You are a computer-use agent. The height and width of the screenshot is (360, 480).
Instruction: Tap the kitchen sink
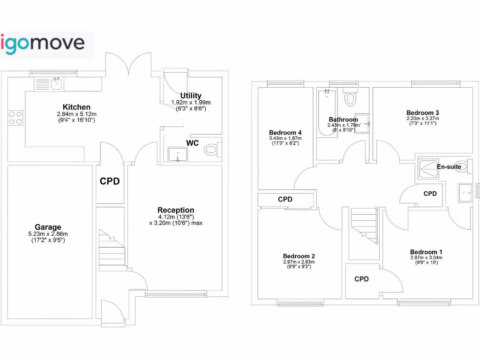click(x=55, y=84)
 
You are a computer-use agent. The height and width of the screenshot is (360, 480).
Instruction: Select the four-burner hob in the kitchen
click(x=15, y=118)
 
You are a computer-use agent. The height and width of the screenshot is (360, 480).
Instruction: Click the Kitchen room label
click(x=76, y=107)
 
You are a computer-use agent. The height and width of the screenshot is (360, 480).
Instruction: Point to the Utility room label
click(x=191, y=96)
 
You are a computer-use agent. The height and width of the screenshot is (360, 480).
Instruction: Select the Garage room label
click(x=48, y=227)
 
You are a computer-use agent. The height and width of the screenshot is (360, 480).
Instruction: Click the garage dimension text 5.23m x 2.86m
click(x=48, y=234)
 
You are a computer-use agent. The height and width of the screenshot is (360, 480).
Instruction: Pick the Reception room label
click(x=176, y=210)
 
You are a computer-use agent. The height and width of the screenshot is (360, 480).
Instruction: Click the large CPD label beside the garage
click(x=110, y=181)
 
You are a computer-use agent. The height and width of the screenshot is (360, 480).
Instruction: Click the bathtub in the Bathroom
click(x=324, y=112)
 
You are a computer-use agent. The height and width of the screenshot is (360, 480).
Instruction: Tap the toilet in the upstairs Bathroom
click(x=350, y=98)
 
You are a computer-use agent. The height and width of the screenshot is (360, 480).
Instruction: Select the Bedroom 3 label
click(x=422, y=112)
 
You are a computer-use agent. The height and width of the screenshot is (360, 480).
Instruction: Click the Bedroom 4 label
click(x=285, y=132)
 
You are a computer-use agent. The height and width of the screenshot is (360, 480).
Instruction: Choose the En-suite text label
click(x=449, y=167)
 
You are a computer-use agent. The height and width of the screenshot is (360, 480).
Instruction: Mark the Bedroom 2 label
click(x=299, y=256)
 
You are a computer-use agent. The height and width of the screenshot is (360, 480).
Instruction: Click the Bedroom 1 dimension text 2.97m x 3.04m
click(x=426, y=258)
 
